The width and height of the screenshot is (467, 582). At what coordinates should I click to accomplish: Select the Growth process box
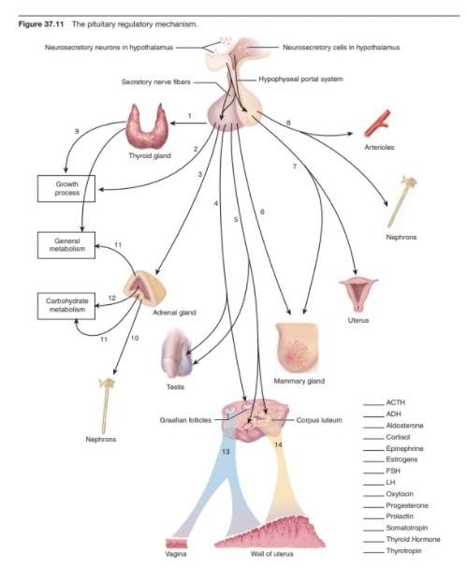(x=66, y=188)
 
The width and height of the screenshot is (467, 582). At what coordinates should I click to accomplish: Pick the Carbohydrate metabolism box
(x=66, y=306)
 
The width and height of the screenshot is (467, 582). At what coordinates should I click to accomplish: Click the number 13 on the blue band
(x=225, y=451)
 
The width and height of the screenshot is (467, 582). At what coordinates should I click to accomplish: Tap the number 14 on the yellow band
(x=278, y=444)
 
